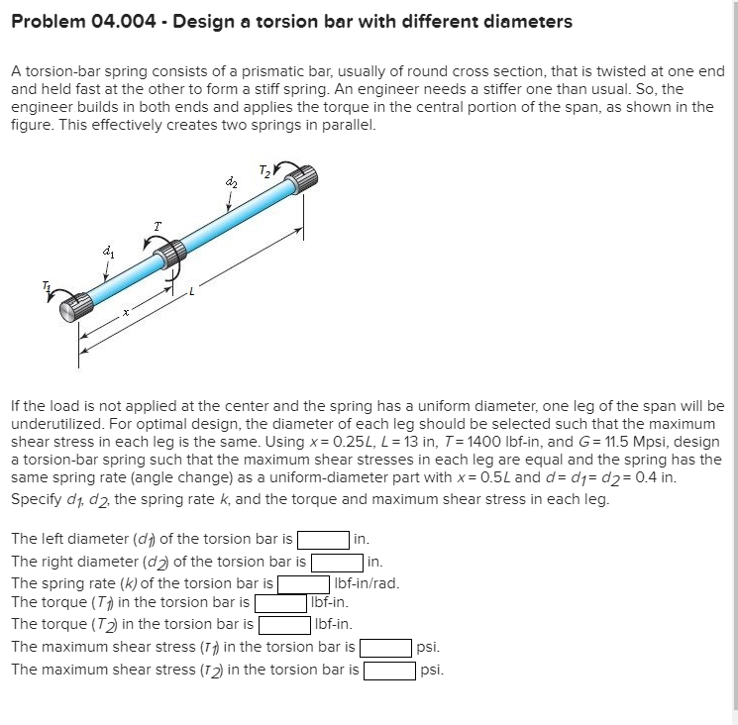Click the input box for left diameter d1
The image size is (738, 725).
click(323, 540)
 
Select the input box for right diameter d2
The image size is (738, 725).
click(336, 562)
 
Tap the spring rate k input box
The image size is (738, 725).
click(303, 583)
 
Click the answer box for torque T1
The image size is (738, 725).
click(280, 602)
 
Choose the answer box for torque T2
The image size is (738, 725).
click(284, 624)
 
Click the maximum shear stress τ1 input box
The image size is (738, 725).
click(386, 648)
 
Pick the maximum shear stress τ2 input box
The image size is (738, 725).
click(389, 670)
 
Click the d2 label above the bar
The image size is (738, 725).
click(232, 182)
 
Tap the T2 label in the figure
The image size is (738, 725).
click(264, 171)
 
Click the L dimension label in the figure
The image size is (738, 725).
click(192, 291)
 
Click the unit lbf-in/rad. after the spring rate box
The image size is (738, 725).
click(368, 583)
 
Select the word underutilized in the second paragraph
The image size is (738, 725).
click(56, 423)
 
